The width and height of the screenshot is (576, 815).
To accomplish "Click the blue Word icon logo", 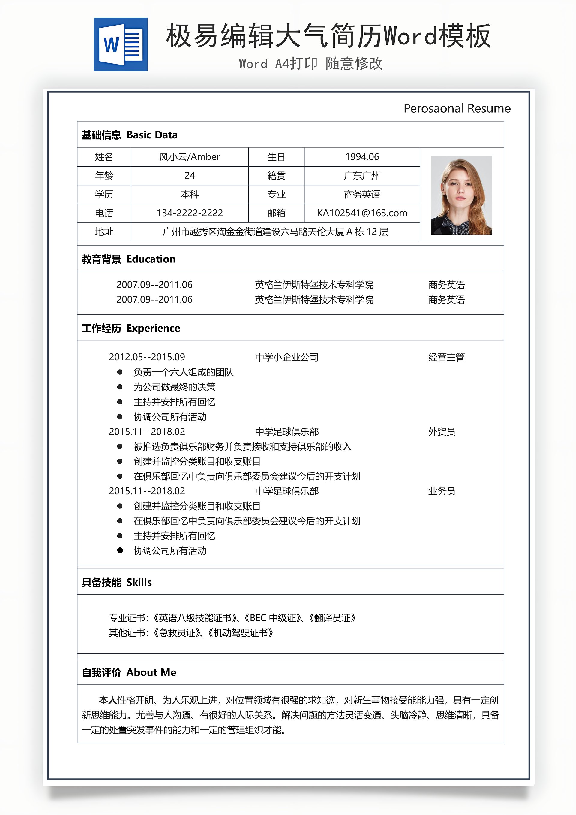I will (121, 45).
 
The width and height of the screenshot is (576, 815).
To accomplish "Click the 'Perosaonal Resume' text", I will (457, 108).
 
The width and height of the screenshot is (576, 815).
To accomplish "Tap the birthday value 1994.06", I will (362, 157).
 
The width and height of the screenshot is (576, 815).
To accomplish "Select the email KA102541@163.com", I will (362, 213).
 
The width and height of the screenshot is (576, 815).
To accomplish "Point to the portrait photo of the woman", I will (461, 195).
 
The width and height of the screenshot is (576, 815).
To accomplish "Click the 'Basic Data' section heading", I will (152, 135).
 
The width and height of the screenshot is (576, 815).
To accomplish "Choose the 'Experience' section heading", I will (153, 328).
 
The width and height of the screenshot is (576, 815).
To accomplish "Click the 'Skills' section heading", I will (139, 583).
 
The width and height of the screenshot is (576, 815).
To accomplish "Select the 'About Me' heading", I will (151, 673).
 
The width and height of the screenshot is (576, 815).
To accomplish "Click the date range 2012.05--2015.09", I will (147, 357).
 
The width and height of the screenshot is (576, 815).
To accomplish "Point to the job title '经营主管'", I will (446, 357).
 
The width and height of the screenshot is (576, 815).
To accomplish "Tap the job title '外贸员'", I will (442, 432).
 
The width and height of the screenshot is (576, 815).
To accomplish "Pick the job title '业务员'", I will (442, 491).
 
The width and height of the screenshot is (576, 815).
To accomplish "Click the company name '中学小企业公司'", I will (286, 357).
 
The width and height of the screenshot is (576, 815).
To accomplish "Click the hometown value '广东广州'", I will (362, 176).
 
